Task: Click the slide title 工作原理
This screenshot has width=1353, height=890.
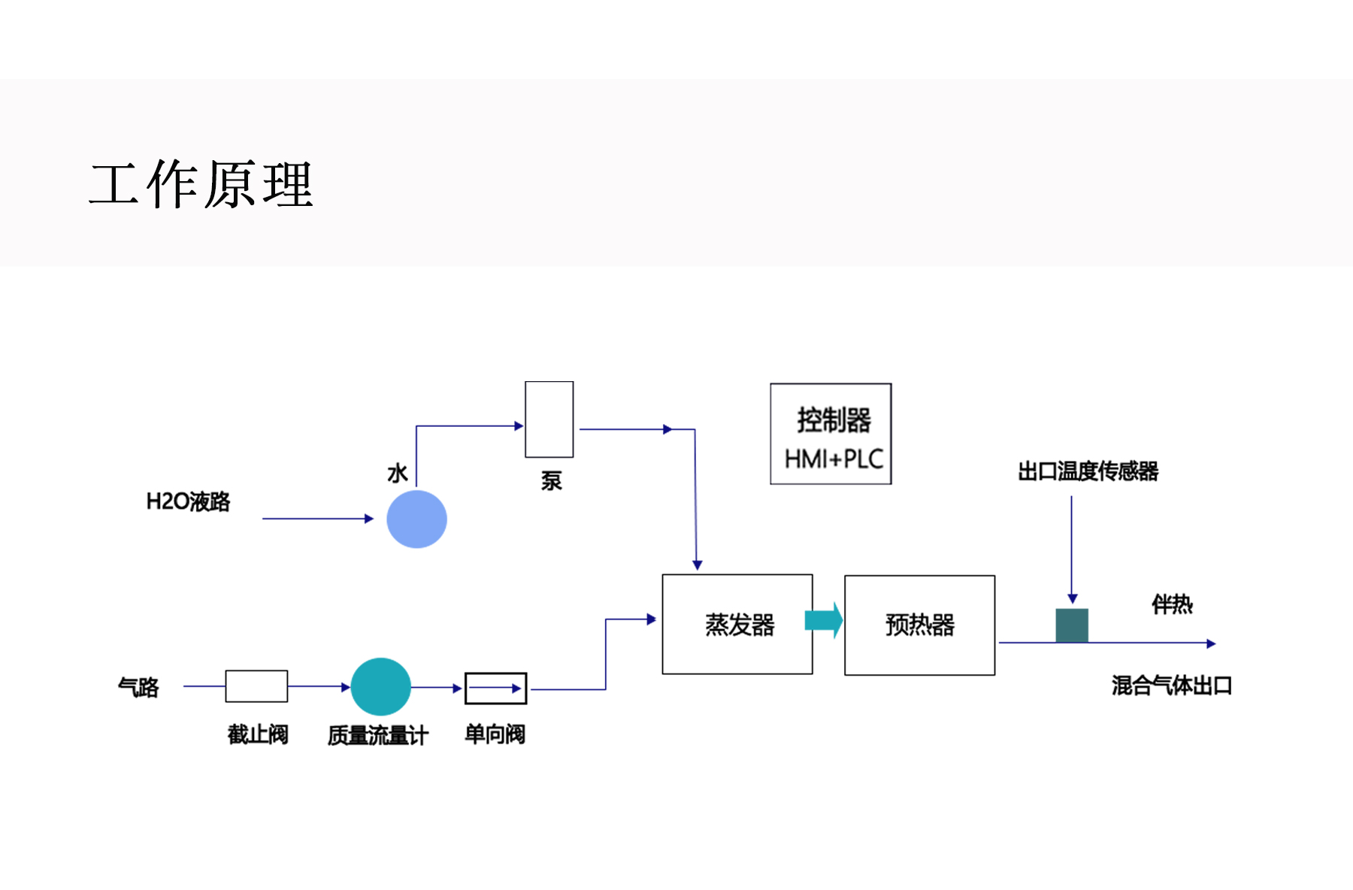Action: click(x=201, y=184)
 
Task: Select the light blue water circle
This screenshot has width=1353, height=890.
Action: click(x=416, y=519)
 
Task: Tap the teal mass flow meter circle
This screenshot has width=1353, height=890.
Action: click(x=380, y=686)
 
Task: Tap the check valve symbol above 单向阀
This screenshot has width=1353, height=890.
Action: click(x=495, y=689)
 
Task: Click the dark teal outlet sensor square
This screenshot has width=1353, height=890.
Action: click(x=1072, y=625)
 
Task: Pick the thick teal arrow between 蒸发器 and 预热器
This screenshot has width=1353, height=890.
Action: click(x=824, y=620)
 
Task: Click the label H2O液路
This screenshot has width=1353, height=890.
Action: click(x=188, y=501)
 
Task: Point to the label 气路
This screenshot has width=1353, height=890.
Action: click(x=138, y=687)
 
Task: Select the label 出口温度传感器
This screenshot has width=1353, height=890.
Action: click(x=1088, y=471)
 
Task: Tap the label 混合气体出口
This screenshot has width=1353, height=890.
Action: click(x=1171, y=686)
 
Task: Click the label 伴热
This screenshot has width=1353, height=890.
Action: click(x=1172, y=604)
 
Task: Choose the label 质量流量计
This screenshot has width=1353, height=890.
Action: click(x=378, y=735)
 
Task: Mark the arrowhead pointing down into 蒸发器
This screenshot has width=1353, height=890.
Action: click(x=698, y=565)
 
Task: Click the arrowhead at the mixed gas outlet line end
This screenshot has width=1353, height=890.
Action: click(x=1211, y=643)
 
